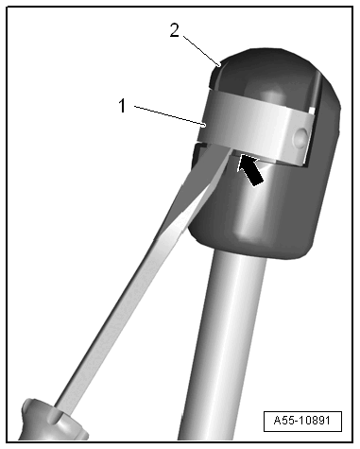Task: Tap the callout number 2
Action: click(174, 29)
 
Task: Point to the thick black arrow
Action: click(252, 170)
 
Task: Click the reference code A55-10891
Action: click(303, 422)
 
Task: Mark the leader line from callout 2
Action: click(198, 47)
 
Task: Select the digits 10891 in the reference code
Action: click(316, 422)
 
